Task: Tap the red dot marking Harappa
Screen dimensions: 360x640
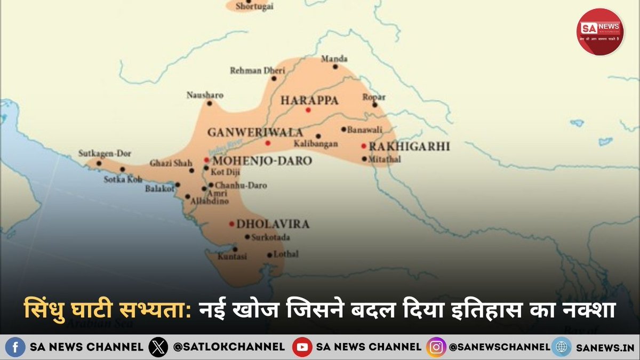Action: click(308, 110)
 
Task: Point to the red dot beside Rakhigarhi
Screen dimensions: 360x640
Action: click(364, 146)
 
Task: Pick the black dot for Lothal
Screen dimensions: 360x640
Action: click(269, 255)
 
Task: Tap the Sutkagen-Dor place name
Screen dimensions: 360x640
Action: click(104, 153)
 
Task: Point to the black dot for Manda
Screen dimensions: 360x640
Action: click(335, 67)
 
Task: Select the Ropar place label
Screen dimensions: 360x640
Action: click(373, 97)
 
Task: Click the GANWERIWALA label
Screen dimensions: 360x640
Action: click(255, 132)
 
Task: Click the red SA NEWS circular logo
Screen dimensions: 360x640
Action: click(600, 31)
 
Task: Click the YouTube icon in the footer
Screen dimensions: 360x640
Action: click(302, 347)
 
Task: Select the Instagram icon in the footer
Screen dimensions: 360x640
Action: click(436, 347)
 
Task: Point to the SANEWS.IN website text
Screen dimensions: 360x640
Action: click(605, 347)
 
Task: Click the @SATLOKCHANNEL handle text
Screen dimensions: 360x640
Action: click(229, 347)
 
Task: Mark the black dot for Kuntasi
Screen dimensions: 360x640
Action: click(235, 249)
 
